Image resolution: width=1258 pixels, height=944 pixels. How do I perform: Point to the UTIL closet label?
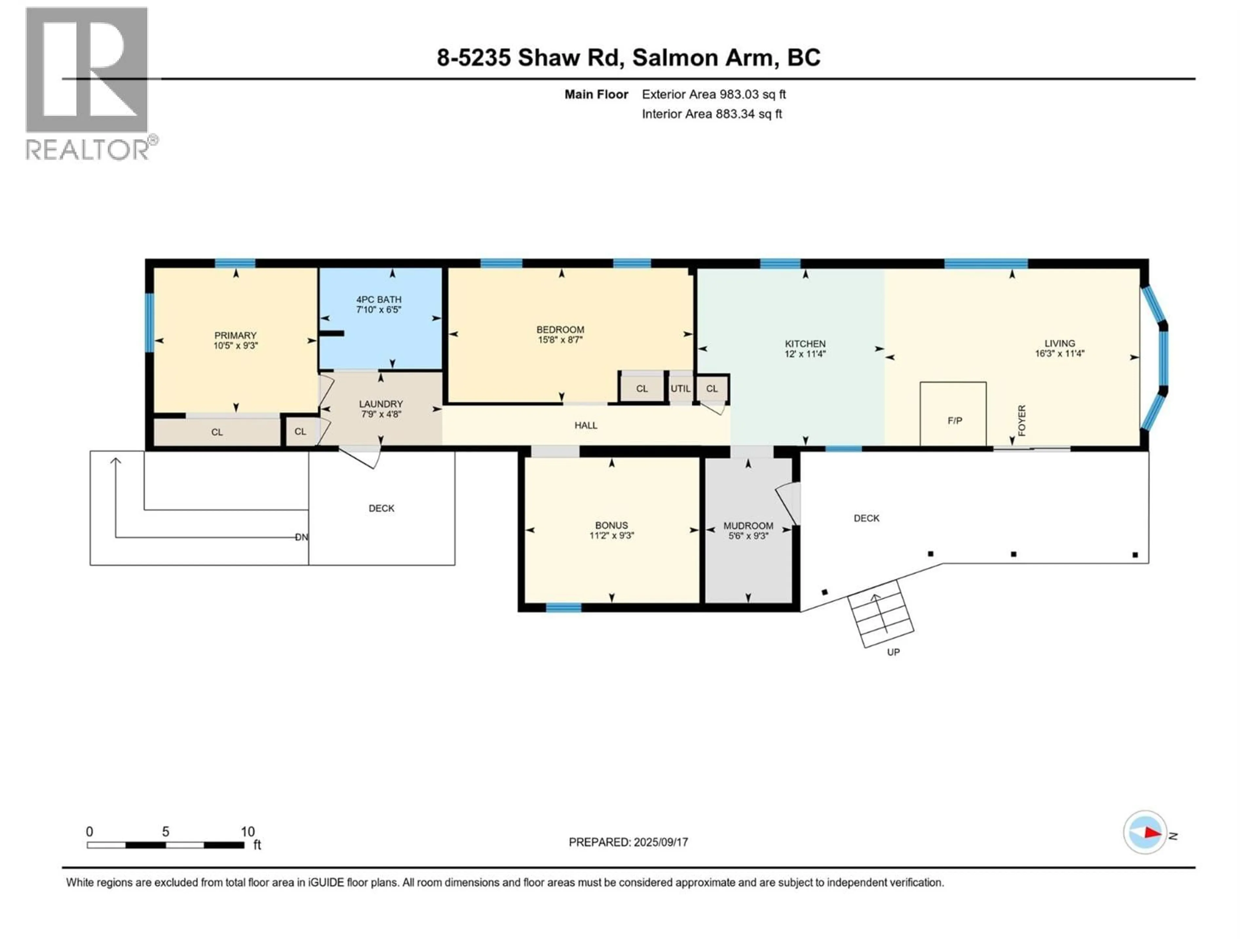(x=680, y=389)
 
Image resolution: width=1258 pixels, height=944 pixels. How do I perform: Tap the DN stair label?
(x=301, y=537)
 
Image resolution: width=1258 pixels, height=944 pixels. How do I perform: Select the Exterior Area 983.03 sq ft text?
(x=714, y=94)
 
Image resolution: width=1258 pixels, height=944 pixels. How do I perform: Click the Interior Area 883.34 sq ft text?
(x=712, y=114)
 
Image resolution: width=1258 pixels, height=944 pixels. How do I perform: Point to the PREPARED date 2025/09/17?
(x=628, y=842)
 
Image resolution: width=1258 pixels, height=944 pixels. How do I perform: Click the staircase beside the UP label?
(x=880, y=613)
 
